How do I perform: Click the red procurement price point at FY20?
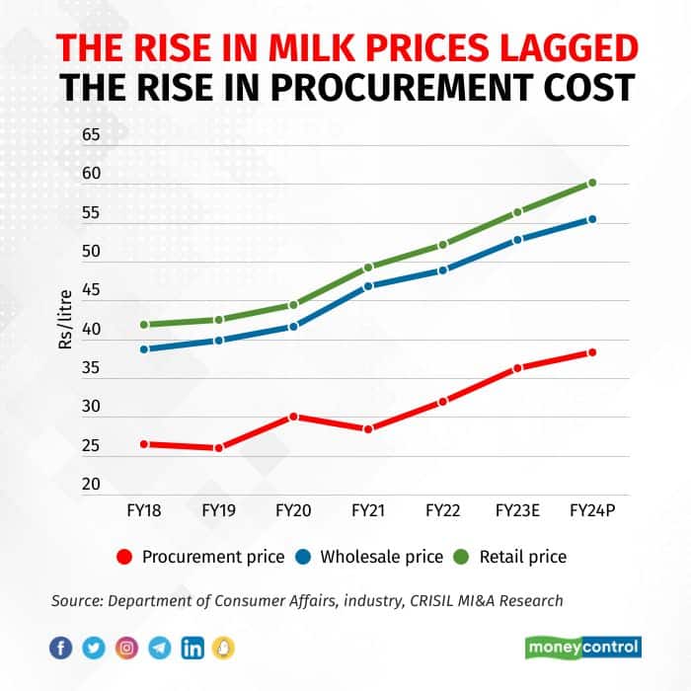coord(293,417)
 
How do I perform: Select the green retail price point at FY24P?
coord(592,183)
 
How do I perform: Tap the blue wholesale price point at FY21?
coord(368,286)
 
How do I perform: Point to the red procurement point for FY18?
coord(144,444)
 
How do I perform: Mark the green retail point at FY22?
coord(443,244)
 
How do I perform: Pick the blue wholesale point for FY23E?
coord(517,240)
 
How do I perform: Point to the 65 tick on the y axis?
coord(91,134)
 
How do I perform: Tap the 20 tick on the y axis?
coord(91,484)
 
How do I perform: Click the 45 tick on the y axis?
coord(91,290)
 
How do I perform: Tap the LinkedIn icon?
coord(193,648)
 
